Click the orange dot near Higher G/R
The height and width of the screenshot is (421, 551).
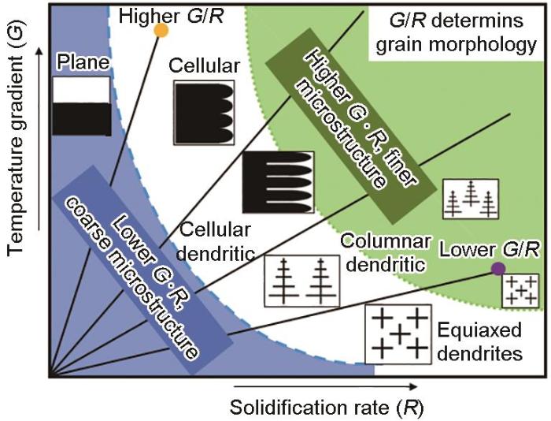tap(161, 30)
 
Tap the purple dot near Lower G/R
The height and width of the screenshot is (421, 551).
tap(498, 269)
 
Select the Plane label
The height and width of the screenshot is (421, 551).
tap(83, 62)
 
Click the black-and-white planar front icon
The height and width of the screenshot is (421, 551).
tap(82, 106)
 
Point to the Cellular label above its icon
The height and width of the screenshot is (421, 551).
tap(204, 65)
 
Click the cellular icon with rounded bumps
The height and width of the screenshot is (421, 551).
tap(204, 113)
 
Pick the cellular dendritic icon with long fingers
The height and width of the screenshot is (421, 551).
tap(278, 182)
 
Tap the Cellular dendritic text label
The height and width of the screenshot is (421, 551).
tap(215, 242)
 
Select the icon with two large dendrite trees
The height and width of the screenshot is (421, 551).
tap(302, 281)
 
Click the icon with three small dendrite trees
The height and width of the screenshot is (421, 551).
tap(471, 199)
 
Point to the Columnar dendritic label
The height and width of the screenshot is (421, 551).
tap(386, 253)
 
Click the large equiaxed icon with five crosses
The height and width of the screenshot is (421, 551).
tap(398, 334)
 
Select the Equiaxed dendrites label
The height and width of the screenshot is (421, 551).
tap(479, 342)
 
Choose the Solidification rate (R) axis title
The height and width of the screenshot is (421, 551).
tap(327, 408)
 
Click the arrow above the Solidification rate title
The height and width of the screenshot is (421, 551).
tap(325, 387)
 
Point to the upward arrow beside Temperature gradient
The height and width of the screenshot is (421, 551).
tap(39, 139)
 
